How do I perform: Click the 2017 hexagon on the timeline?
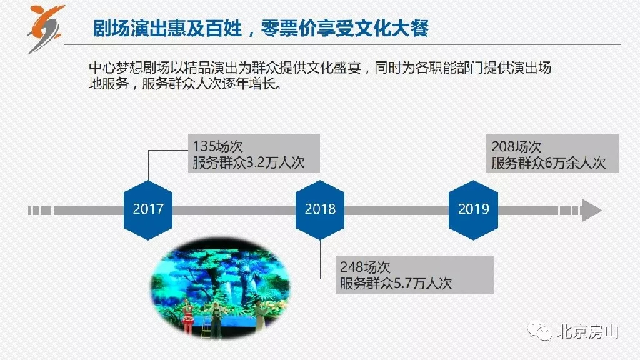(147, 210)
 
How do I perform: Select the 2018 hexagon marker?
(320, 210)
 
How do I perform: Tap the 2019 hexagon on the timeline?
(474, 210)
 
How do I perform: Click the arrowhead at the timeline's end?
(592, 211)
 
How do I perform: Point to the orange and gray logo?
(46, 29)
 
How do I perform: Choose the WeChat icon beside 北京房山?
(539, 331)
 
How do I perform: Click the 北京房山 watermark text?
(587, 332)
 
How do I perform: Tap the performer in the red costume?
(187, 315)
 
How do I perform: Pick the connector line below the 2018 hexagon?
(320, 259)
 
